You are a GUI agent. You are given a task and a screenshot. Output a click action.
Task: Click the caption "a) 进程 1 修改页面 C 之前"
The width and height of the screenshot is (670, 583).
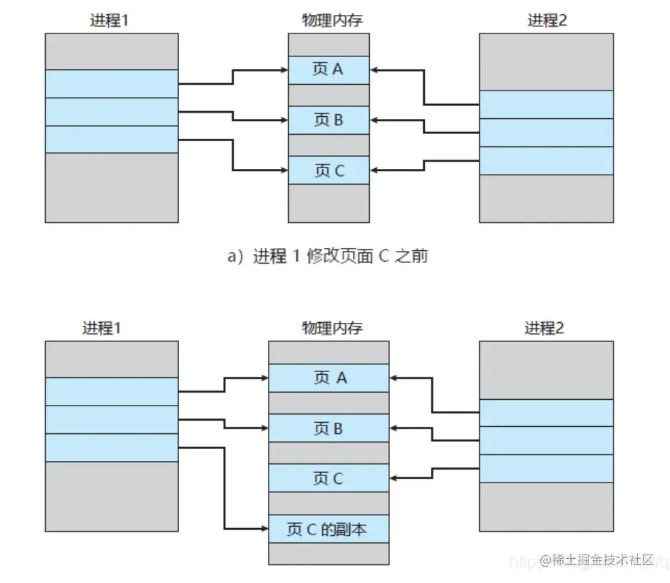327,257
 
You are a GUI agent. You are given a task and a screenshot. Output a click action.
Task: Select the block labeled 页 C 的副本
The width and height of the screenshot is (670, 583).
329,529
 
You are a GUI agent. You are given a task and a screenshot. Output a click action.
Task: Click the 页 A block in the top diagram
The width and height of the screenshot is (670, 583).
329,70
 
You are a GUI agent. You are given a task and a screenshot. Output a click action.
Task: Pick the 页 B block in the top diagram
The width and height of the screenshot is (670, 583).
329,120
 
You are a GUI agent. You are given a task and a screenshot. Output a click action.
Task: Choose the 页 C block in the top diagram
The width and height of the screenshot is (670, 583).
329,171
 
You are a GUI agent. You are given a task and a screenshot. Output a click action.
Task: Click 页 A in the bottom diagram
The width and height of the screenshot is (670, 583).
329,378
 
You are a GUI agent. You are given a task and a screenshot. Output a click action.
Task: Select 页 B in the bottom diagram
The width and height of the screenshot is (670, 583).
329,428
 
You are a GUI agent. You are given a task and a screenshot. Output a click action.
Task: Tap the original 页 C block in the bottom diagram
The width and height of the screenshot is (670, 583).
329,478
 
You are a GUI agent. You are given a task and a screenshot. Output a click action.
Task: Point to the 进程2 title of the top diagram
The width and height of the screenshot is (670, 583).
547,20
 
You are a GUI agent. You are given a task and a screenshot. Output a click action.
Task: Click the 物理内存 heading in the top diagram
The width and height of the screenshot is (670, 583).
329,20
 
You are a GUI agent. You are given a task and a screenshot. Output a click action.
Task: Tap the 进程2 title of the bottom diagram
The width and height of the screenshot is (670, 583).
546,328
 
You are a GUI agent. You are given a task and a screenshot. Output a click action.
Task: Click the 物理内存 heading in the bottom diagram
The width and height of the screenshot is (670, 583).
329,328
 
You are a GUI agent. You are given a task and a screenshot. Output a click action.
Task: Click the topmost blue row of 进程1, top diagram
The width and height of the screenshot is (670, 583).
111,83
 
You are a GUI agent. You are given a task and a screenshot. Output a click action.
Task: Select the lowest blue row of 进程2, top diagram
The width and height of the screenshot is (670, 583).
546,160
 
